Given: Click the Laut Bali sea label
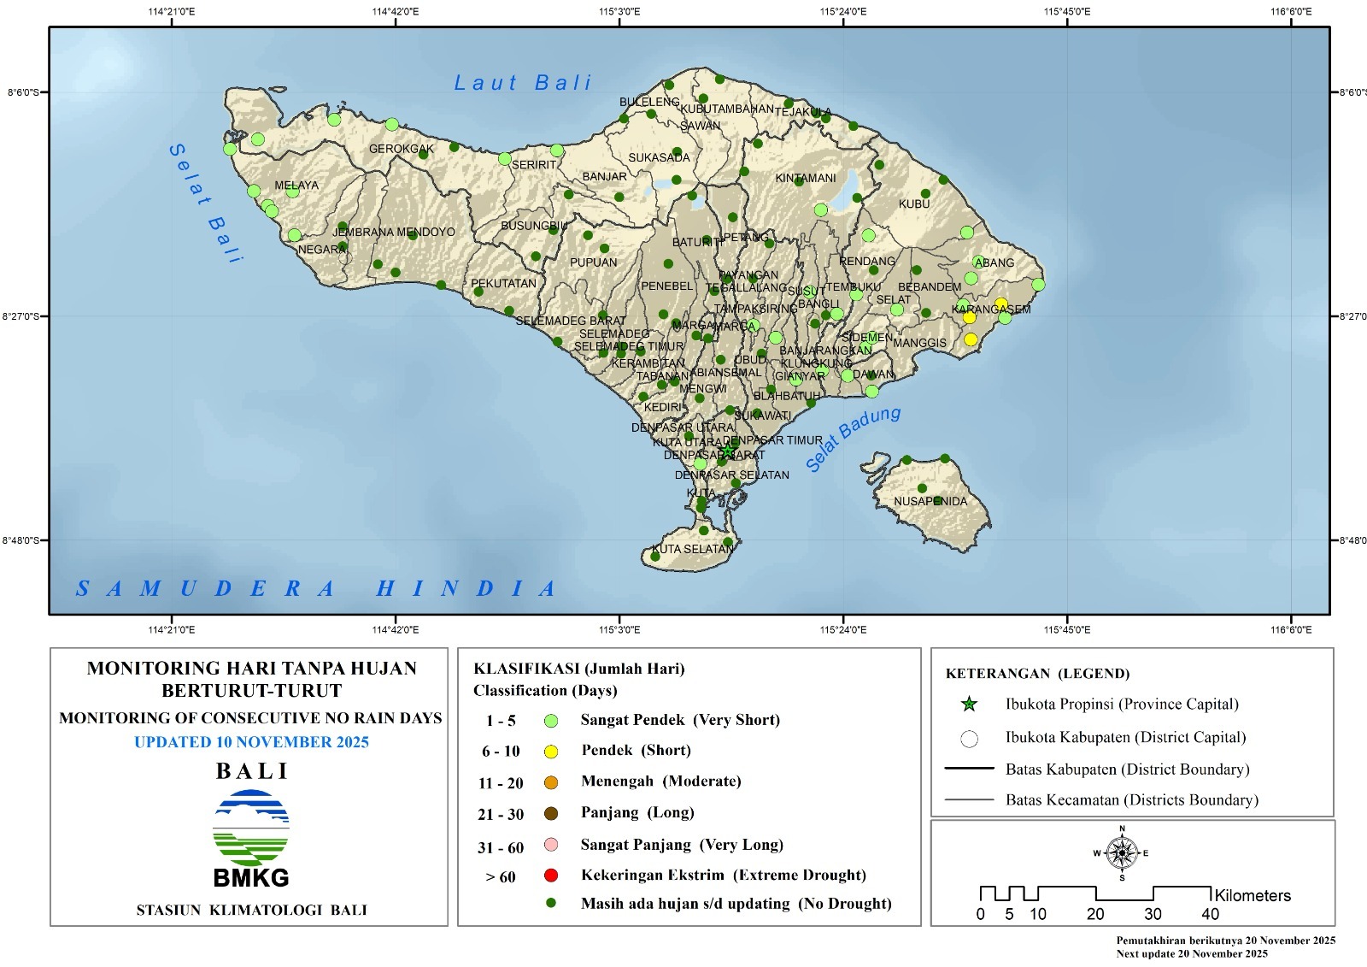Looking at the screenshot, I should point(522,83).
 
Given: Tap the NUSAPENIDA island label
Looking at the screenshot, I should point(930,501).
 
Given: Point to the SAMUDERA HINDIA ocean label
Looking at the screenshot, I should point(316,588).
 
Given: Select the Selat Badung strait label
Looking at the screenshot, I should point(853,439).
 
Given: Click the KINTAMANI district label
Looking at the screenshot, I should point(805,178).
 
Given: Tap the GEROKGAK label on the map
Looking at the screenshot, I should point(401,149).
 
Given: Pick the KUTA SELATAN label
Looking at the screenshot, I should point(692,549).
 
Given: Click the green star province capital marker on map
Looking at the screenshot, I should point(727,451).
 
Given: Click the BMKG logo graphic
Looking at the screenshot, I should point(251,829).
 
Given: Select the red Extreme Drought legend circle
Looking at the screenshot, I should point(551,876).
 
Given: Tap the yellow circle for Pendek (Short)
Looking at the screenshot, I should point(551,752).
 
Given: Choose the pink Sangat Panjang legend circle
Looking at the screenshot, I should point(551,846).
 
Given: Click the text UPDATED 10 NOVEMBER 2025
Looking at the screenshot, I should point(251,742).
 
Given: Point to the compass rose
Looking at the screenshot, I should point(1122,852).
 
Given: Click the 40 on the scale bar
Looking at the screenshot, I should point(1210,914).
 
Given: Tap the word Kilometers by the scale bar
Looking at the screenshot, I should point(1253,895).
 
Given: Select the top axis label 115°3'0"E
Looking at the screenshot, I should point(619,11).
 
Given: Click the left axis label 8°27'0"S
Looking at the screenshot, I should point(21,316).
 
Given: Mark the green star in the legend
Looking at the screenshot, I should point(969,705).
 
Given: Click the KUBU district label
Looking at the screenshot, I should point(913,204).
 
